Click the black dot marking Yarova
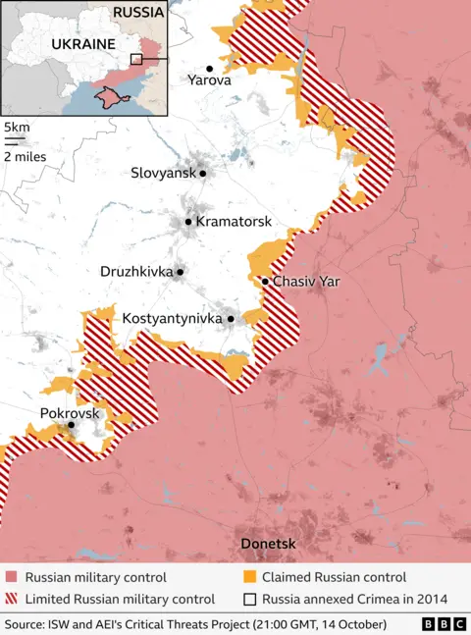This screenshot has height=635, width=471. click(209, 68)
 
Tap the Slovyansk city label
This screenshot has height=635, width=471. click(163, 173)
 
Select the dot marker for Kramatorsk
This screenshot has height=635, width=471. click(188, 222)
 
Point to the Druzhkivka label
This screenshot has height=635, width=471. click(135, 271)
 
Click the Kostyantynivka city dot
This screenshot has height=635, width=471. click(231, 319)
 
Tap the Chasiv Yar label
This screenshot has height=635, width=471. click(306, 282)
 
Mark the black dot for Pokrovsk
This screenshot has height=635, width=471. click(71, 425)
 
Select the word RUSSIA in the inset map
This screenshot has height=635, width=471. click(137, 13)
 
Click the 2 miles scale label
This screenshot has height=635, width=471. click(26, 156)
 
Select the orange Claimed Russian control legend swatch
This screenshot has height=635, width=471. click(251, 577)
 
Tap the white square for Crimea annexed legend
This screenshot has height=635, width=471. click(251, 599)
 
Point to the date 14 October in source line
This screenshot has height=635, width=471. click(352, 624)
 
